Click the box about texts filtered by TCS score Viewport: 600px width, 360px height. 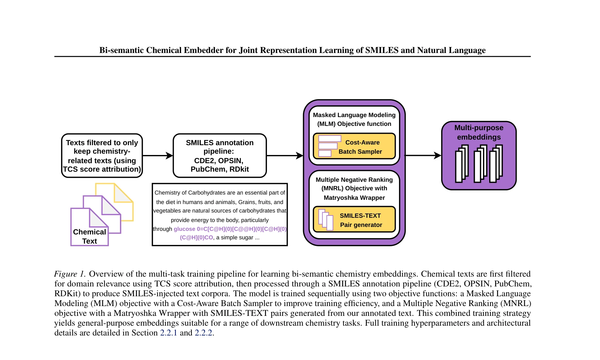[x=102, y=156]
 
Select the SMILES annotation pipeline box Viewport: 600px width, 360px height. [x=220, y=156]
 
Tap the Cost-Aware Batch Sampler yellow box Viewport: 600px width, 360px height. [x=354, y=146]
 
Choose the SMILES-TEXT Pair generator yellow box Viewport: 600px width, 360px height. [x=354, y=219]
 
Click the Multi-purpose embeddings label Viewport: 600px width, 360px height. [x=479, y=132]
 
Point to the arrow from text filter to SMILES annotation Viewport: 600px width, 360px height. [x=158, y=156]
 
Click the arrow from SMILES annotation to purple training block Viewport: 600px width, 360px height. [x=285, y=156]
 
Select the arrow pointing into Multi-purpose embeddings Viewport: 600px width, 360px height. [x=424, y=156]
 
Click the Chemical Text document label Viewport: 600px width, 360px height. [x=90, y=236]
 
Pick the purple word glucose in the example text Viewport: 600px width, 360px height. [x=184, y=229]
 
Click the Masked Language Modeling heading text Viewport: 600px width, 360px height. [x=354, y=119]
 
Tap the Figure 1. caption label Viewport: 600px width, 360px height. [x=70, y=274]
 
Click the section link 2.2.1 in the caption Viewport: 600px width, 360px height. [x=169, y=333]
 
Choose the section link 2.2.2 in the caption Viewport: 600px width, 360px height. [x=204, y=333]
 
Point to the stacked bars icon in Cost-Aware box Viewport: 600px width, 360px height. [x=330, y=146]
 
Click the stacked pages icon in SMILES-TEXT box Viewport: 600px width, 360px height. [x=326, y=220]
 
